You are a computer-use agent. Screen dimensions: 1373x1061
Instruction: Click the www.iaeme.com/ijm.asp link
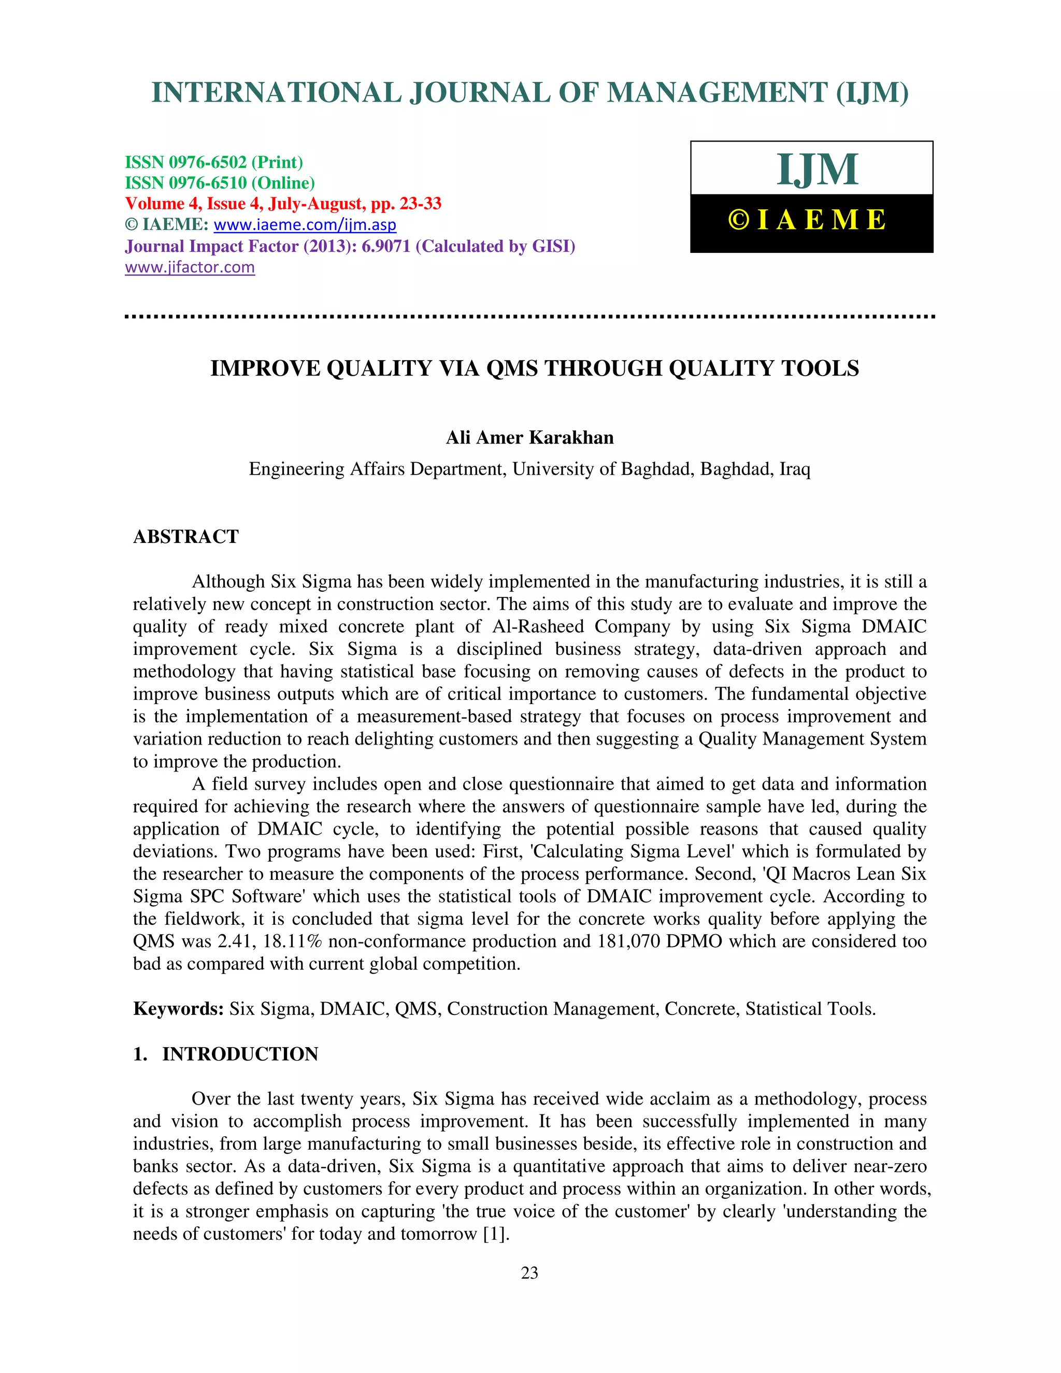point(305,224)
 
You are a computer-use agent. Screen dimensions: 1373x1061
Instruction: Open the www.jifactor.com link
point(190,267)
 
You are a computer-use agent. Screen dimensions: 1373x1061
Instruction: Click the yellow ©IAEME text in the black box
point(808,220)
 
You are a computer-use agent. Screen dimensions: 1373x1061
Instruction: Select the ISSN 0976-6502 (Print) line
point(214,162)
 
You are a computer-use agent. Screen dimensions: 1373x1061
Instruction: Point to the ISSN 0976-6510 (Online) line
point(219,183)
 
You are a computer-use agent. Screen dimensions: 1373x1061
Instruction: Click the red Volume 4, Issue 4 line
point(283,204)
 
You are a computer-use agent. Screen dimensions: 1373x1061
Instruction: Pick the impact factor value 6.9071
point(385,246)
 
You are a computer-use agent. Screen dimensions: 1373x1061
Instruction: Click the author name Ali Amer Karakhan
point(529,438)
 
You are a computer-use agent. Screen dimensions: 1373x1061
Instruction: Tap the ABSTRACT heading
point(185,536)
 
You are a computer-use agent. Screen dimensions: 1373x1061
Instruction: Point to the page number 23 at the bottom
point(529,1272)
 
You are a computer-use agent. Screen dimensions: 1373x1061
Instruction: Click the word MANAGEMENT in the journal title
point(716,93)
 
